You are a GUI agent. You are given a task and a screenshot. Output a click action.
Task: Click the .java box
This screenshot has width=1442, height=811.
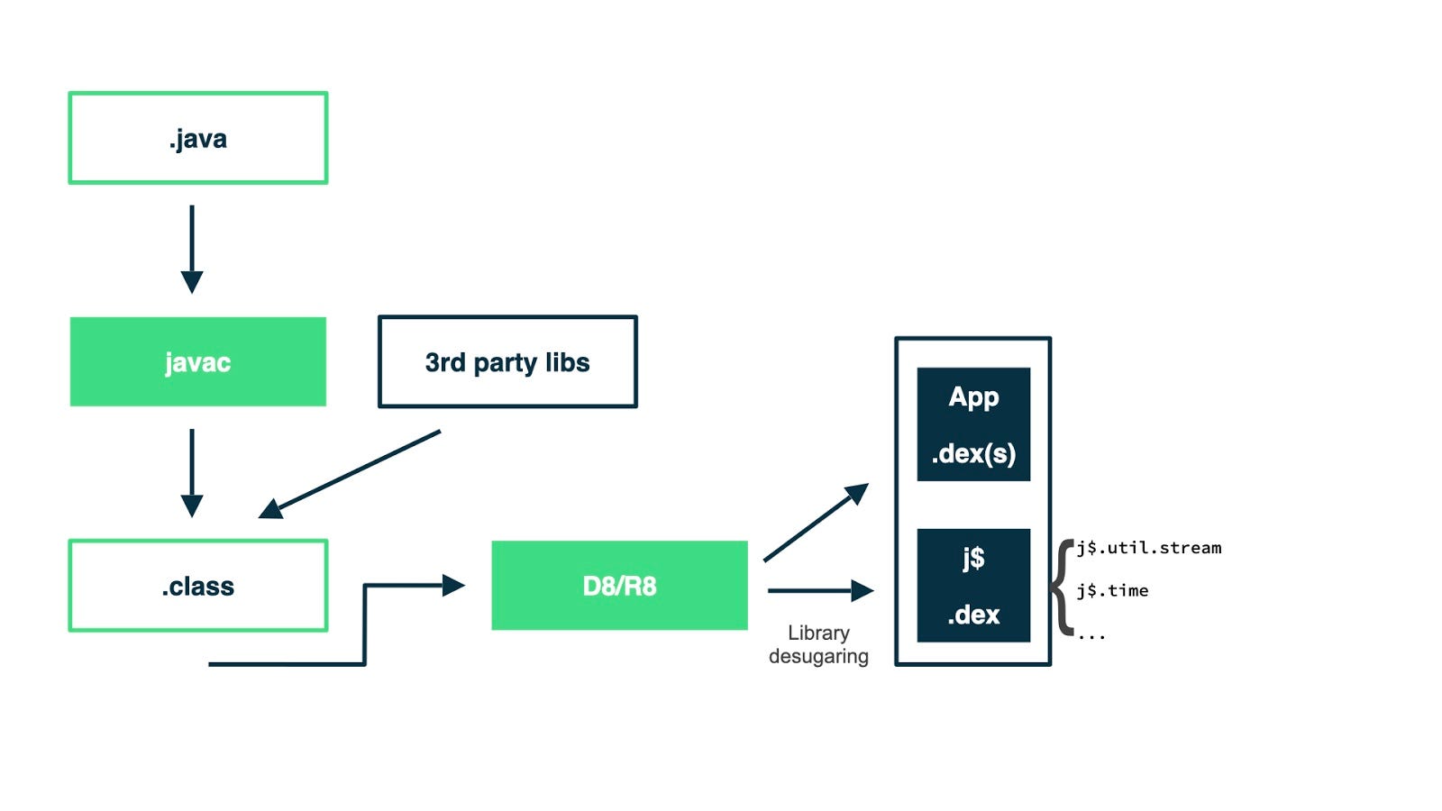tap(197, 138)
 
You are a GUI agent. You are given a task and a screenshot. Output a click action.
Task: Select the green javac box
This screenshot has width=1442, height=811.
tap(197, 361)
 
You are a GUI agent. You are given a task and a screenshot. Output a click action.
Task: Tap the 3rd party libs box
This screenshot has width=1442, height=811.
tap(507, 361)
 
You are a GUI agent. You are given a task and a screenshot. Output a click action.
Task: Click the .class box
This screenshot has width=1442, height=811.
tap(197, 586)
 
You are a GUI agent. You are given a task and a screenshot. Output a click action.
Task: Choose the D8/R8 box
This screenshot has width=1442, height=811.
tap(619, 586)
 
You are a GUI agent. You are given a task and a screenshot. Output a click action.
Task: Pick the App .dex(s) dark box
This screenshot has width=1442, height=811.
tap(973, 424)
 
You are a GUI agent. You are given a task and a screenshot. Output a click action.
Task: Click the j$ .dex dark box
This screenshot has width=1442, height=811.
tap(973, 586)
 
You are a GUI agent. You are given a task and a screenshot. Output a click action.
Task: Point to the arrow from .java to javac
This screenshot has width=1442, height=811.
tap(192, 248)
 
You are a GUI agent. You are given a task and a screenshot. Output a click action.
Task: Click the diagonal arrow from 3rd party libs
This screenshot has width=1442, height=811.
tap(351, 473)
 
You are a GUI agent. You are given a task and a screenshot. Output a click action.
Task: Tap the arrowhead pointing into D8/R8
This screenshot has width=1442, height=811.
tap(453, 586)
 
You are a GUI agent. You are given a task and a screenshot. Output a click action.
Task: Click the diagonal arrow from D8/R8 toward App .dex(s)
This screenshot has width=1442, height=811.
tap(816, 523)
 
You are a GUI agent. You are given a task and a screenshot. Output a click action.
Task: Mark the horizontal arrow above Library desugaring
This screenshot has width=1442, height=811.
tap(820, 591)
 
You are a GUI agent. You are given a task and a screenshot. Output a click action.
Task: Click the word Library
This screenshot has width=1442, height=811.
tap(818, 633)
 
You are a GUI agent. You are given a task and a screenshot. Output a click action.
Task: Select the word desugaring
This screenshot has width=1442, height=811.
tap(818, 656)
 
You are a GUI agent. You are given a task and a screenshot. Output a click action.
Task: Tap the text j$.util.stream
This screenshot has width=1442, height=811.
tap(1149, 548)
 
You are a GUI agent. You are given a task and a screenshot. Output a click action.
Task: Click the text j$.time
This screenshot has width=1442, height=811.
tap(1112, 591)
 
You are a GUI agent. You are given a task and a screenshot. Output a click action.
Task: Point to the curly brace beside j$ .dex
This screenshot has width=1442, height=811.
tap(1062, 588)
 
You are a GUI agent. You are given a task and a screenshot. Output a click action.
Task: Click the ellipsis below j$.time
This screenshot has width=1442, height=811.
tap(1091, 637)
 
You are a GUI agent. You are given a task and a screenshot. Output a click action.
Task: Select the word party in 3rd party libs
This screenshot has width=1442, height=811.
tap(505, 362)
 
